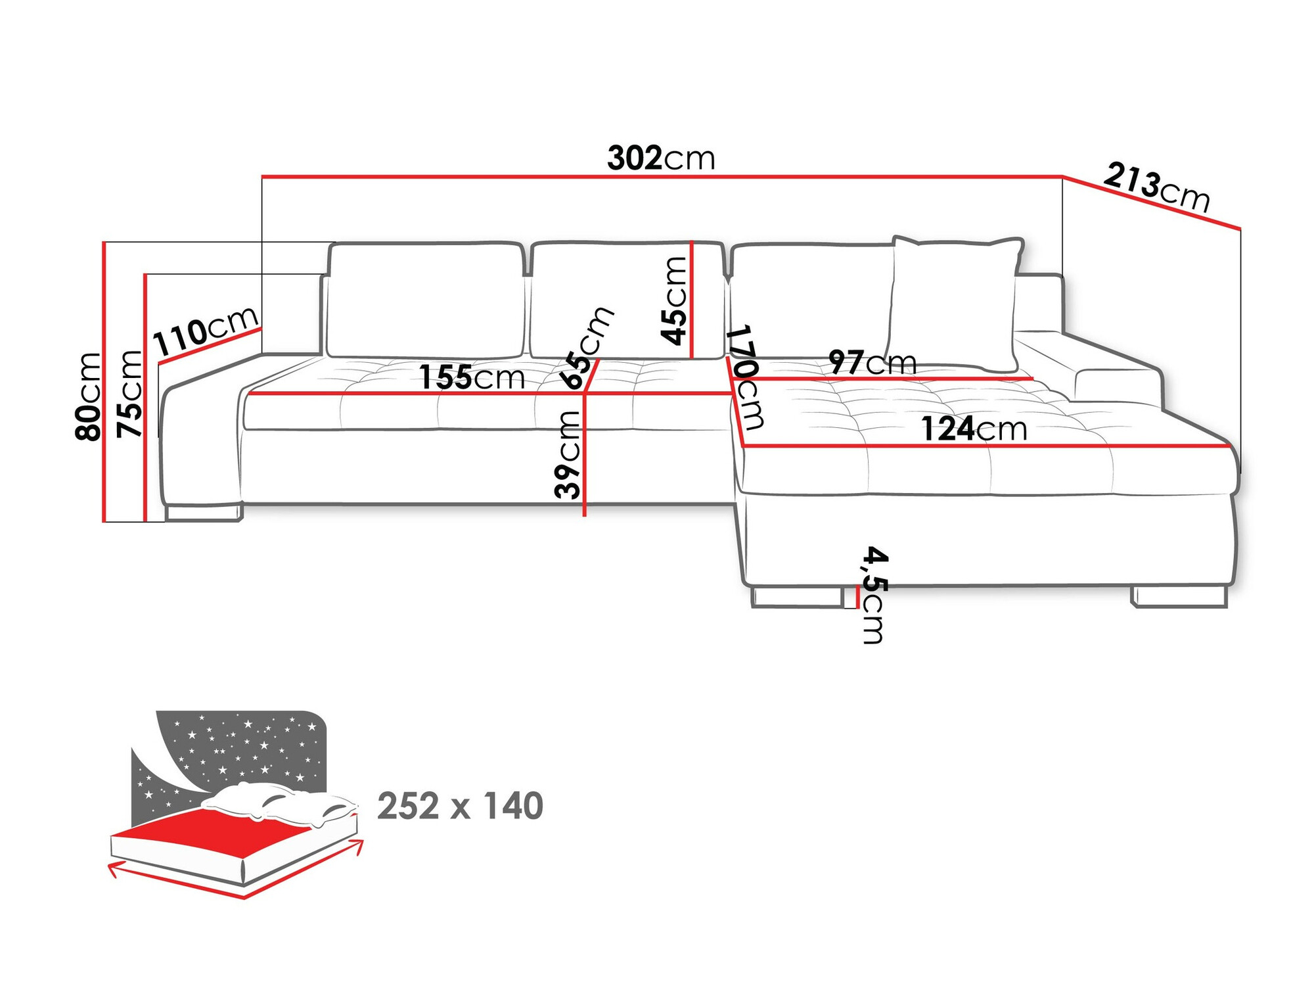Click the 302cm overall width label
pos(660,158)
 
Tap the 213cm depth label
pos(1156,187)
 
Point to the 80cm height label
pos(88,396)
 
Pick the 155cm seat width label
pos(472,377)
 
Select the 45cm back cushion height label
pos(674,301)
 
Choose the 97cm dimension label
pos(872,362)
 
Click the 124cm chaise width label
pos(973,429)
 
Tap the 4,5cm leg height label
pos(874,594)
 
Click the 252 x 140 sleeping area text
pos(460,806)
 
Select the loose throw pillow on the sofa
pos(954,302)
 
